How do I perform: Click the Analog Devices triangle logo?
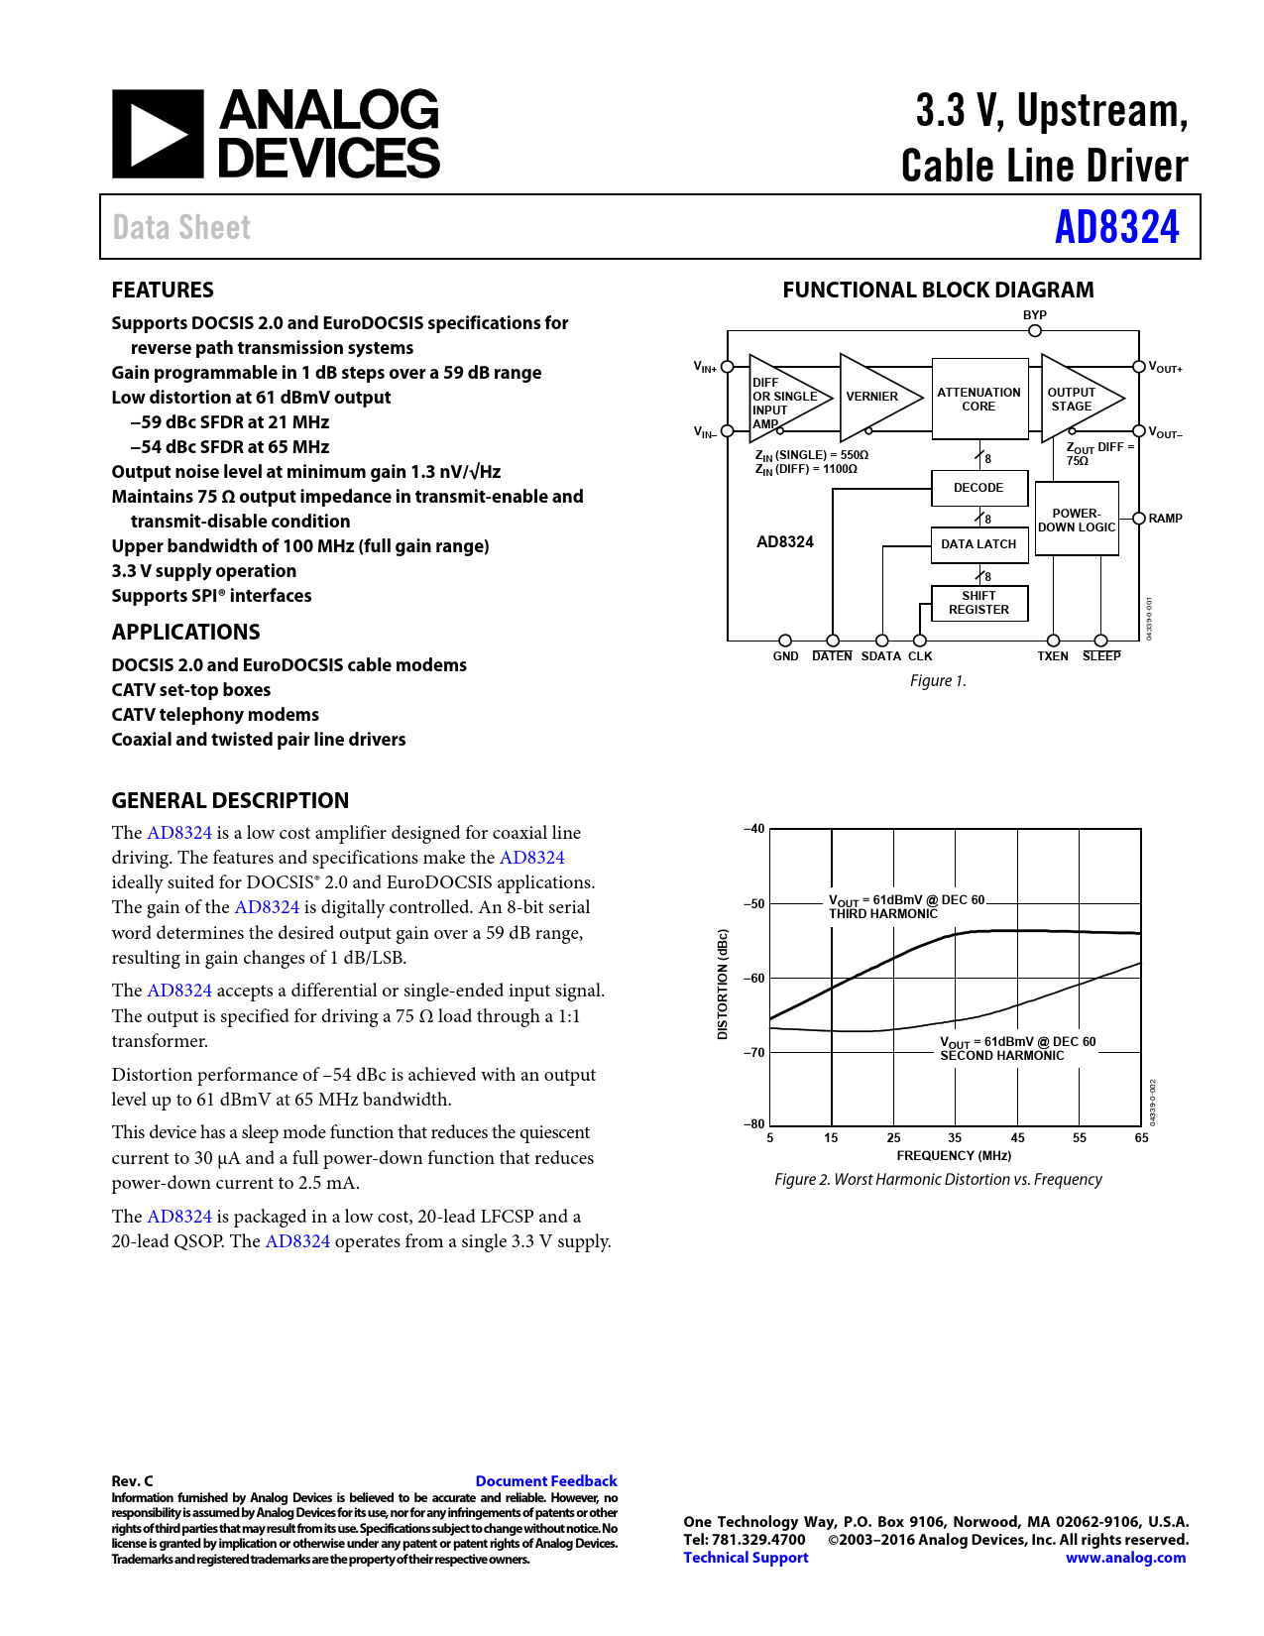(x=158, y=134)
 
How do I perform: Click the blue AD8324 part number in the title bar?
(x=1116, y=227)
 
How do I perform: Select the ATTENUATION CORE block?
(x=978, y=399)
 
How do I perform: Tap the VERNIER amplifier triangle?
(x=872, y=397)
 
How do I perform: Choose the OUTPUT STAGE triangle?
(x=1075, y=399)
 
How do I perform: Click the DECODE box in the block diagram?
(x=978, y=488)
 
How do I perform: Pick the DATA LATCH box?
(x=978, y=544)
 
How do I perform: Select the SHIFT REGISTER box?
(x=978, y=603)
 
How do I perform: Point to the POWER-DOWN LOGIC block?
(x=1077, y=521)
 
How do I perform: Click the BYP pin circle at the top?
(x=1035, y=331)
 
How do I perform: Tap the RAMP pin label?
(x=1165, y=519)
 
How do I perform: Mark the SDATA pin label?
(x=880, y=656)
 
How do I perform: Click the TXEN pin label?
(x=1053, y=656)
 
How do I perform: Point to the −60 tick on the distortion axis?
(x=755, y=979)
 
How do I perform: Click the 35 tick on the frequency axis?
(x=955, y=1138)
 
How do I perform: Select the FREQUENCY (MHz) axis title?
(x=954, y=1156)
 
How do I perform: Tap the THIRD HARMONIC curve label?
(x=883, y=914)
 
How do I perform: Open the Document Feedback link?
(x=546, y=1481)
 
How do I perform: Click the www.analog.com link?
(x=1125, y=1558)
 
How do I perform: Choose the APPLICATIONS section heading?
(x=185, y=633)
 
